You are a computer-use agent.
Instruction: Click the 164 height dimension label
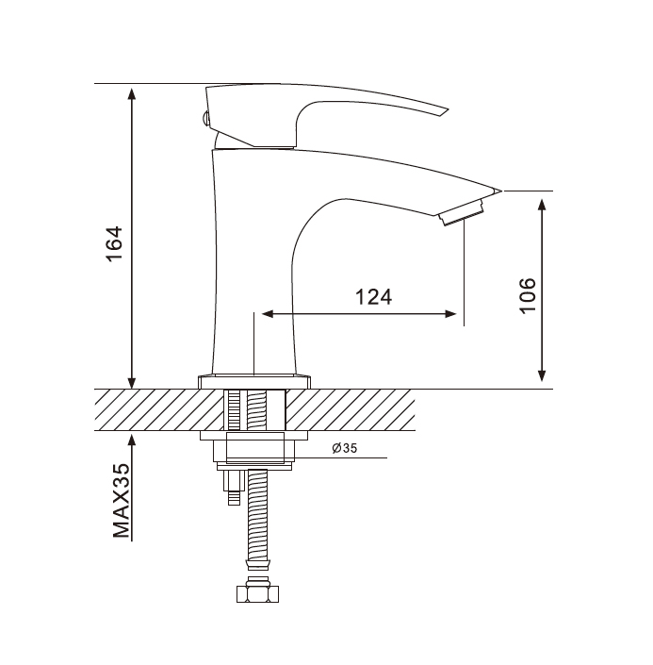click(x=114, y=244)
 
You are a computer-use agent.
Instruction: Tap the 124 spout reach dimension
click(x=373, y=297)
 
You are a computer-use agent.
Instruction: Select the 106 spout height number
click(x=528, y=295)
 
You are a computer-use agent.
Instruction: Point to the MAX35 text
click(x=122, y=501)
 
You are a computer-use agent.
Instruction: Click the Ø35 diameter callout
click(x=345, y=448)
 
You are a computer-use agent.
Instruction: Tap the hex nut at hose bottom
click(x=257, y=593)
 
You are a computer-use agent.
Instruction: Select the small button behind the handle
click(x=205, y=118)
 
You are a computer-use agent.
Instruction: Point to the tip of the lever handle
click(x=448, y=110)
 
